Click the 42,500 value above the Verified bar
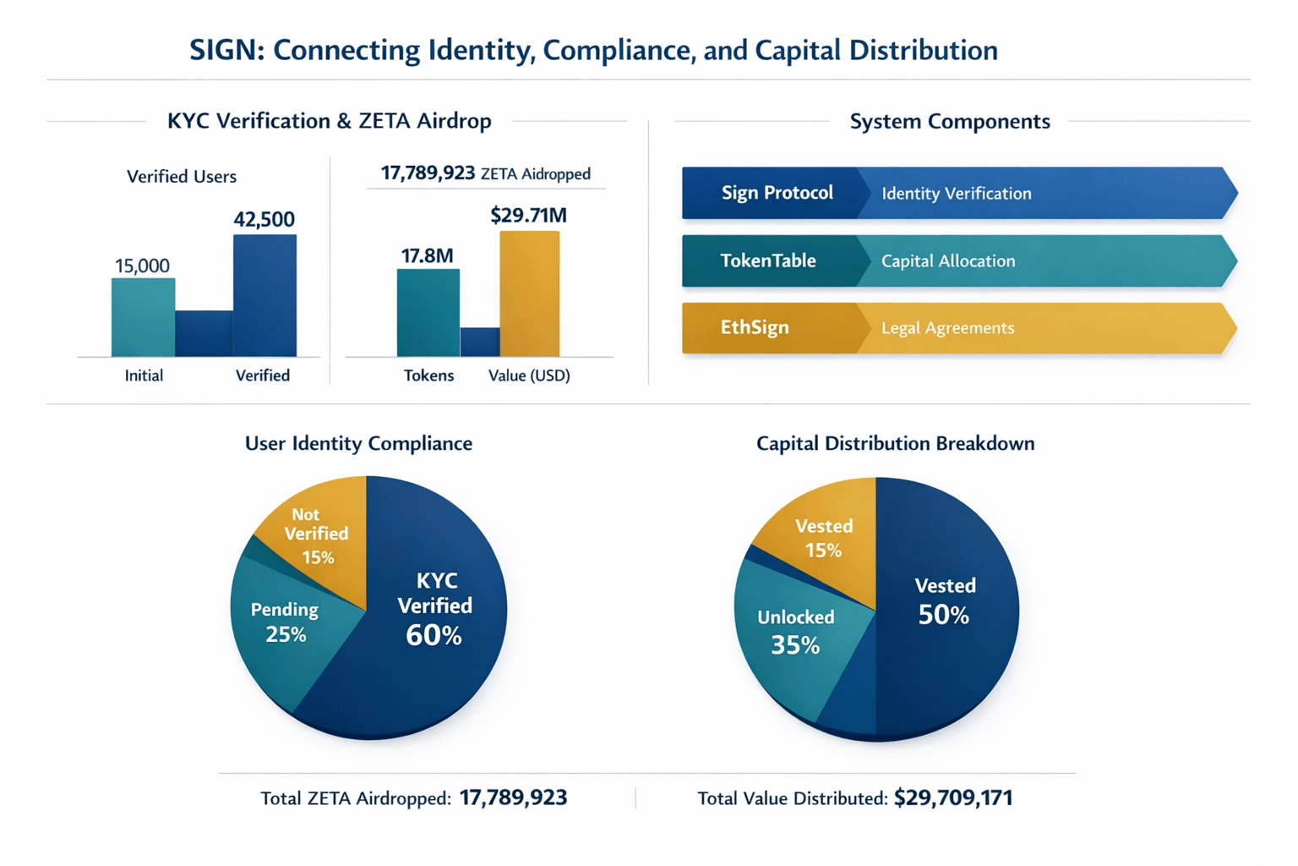[264, 220]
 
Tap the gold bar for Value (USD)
[529, 293]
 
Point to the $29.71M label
[528, 215]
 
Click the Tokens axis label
[428, 375]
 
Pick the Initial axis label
[144, 375]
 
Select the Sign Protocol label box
[776, 193]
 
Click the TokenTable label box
[767, 260]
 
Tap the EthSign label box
[754, 327]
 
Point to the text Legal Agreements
[947, 328]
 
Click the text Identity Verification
[956, 194]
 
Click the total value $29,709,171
[953, 797]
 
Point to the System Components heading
[950, 121]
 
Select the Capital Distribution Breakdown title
[895, 443]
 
